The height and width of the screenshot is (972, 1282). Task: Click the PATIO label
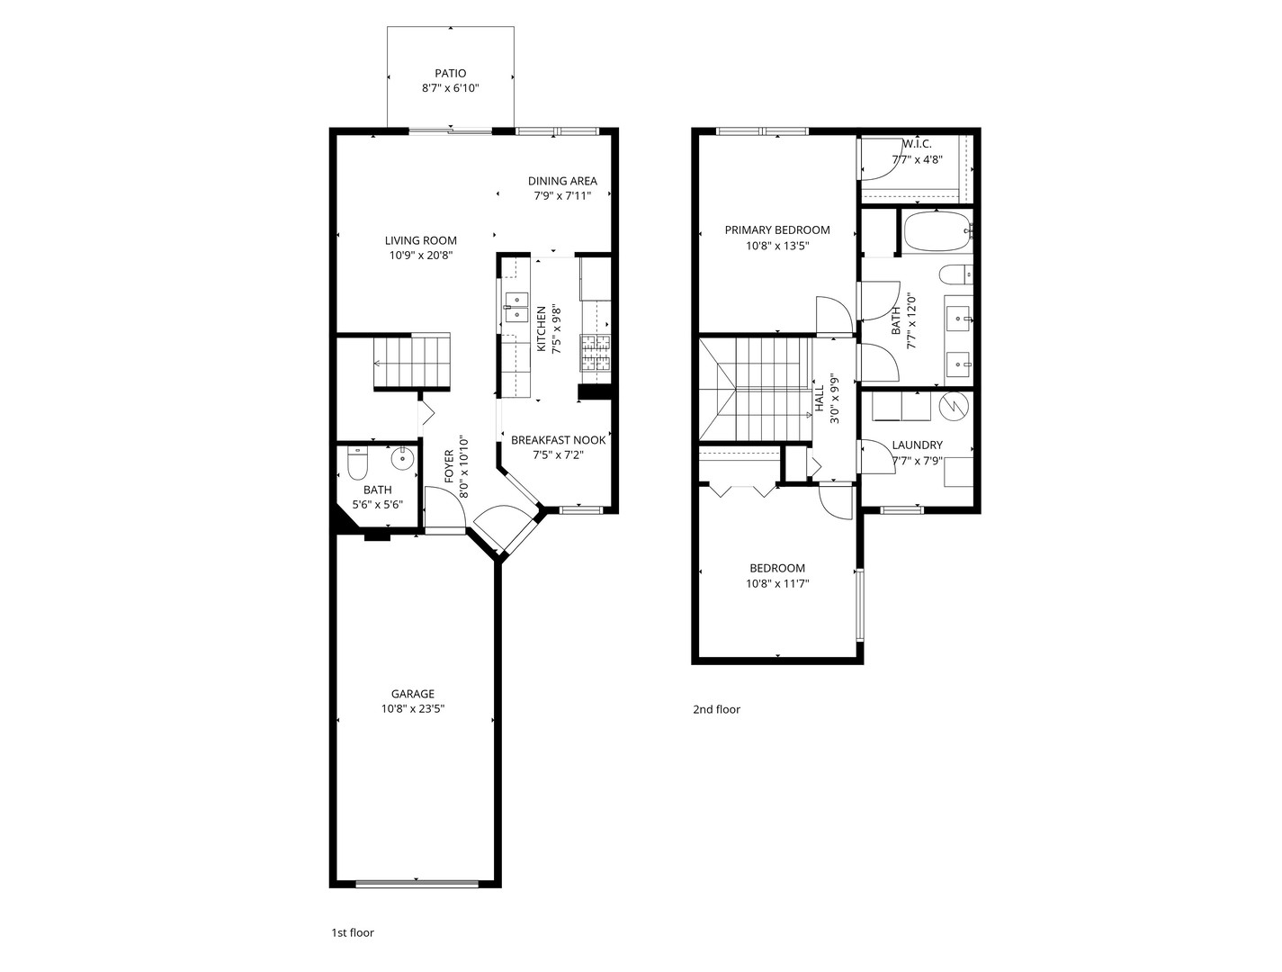click(451, 73)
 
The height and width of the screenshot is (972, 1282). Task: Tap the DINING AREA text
click(562, 181)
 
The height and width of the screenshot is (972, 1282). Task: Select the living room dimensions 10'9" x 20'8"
click(421, 256)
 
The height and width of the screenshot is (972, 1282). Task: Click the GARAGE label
click(413, 693)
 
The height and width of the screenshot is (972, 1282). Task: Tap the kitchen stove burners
click(595, 352)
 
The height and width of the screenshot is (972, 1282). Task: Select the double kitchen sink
click(515, 307)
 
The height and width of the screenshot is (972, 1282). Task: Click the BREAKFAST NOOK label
click(559, 440)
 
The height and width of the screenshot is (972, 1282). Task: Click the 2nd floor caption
click(717, 709)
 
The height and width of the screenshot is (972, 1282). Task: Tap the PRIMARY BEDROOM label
click(777, 230)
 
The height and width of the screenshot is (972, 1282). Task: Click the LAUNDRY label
click(917, 445)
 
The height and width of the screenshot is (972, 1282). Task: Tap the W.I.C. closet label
click(917, 144)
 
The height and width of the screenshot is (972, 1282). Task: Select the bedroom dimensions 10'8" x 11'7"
click(777, 583)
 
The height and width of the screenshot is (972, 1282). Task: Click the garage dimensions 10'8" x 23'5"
click(413, 709)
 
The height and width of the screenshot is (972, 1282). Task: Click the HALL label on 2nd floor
click(820, 398)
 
